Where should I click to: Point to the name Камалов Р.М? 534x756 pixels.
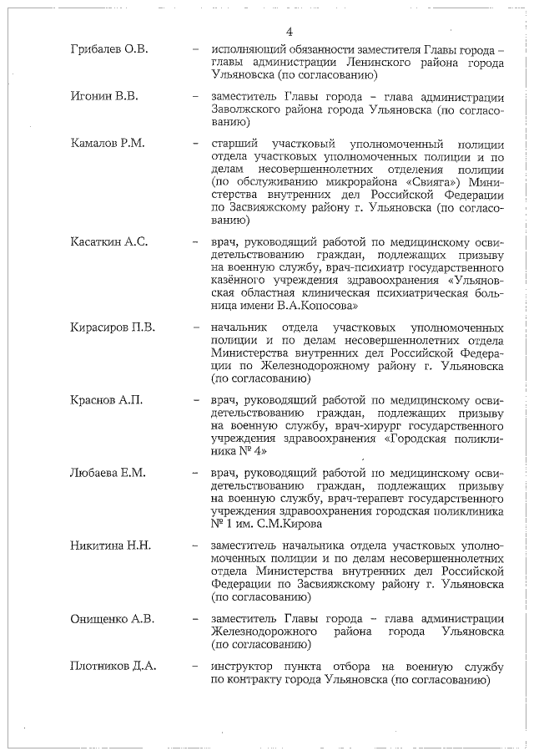tap(108, 144)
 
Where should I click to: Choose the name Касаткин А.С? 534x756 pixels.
tap(109, 242)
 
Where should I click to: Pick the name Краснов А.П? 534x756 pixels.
tap(107, 399)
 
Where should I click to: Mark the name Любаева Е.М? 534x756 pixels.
tap(108, 473)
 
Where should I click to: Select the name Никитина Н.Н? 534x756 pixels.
tap(111, 545)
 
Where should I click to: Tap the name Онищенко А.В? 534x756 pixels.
tap(113, 619)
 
